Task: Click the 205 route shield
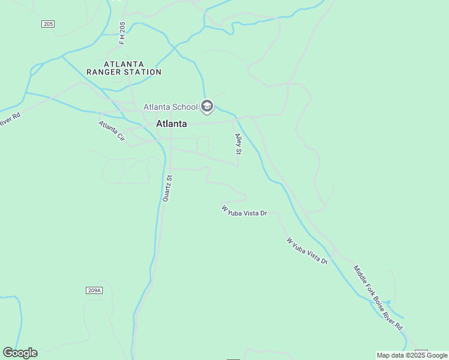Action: (x=49, y=24)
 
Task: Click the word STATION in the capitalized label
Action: (x=146, y=72)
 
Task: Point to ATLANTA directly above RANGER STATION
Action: (x=124, y=64)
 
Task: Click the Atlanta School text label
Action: (x=170, y=107)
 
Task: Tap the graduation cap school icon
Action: (x=207, y=107)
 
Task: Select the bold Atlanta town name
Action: (x=171, y=124)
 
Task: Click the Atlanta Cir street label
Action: (x=112, y=131)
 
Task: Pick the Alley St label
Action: (x=238, y=144)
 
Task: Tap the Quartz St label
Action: (x=168, y=188)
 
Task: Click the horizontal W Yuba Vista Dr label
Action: (x=244, y=211)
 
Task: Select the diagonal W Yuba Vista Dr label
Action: (x=307, y=251)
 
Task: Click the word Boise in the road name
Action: (x=378, y=302)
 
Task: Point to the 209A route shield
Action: (x=94, y=290)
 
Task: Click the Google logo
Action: (x=20, y=353)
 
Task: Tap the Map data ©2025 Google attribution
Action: (x=412, y=355)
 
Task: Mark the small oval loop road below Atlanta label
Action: (x=203, y=145)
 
